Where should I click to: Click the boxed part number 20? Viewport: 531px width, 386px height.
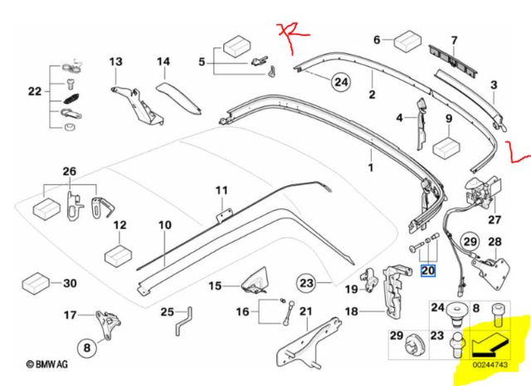(x=428, y=270)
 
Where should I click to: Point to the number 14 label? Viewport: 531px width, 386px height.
(x=163, y=61)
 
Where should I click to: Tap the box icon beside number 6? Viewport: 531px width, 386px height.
(x=407, y=41)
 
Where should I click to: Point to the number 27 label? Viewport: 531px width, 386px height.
(x=494, y=220)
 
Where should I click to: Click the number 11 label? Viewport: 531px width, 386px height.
(x=222, y=191)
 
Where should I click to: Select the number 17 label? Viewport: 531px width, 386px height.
(x=70, y=315)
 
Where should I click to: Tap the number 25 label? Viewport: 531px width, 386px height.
(x=168, y=312)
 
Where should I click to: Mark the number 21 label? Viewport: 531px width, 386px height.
(x=304, y=312)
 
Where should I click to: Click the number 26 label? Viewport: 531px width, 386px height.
(x=68, y=172)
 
